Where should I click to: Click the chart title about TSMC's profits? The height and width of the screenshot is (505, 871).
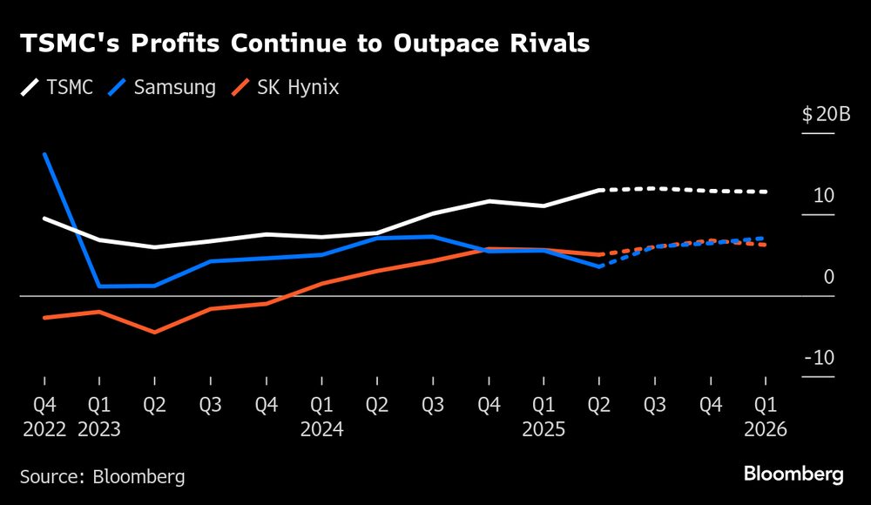304,44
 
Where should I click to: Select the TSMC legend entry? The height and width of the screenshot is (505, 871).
57,88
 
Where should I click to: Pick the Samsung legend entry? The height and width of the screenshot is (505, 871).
163,88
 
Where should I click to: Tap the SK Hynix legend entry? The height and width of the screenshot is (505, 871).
287,88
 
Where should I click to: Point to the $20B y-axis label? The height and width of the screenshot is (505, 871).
819,117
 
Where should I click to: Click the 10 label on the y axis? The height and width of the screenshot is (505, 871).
823,197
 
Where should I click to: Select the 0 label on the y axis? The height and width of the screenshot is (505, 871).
828,277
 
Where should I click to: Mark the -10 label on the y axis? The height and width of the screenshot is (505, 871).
820,359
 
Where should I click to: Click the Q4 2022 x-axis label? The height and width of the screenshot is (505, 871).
44,416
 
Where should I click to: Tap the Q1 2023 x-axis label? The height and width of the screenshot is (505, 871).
99,416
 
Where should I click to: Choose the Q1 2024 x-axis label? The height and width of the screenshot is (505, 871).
321,416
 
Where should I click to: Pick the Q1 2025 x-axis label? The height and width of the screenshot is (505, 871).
544,416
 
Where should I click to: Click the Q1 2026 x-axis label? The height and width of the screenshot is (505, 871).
766,416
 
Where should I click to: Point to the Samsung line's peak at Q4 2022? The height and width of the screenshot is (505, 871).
44,154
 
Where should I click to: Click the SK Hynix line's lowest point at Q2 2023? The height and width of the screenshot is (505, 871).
155,332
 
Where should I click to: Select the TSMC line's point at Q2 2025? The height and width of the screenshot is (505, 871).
599,190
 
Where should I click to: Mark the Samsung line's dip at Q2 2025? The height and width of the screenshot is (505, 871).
599,266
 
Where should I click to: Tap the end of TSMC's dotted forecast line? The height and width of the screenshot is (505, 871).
766,192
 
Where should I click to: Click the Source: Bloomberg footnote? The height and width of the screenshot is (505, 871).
103,476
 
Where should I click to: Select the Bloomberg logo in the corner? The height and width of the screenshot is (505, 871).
793,475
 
